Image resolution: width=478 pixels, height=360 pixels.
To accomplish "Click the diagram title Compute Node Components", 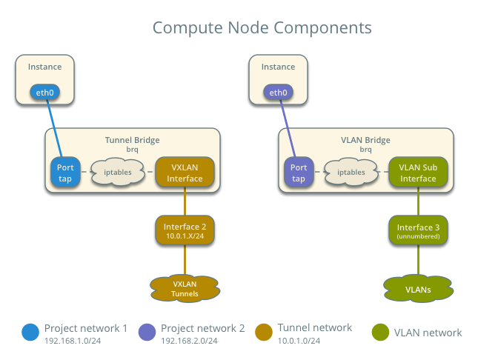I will pyautogui.click(x=262, y=28).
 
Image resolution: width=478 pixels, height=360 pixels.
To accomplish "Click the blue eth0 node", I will pyautogui.click(x=44, y=93).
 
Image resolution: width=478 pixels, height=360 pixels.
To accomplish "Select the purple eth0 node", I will pyautogui.click(x=278, y=93).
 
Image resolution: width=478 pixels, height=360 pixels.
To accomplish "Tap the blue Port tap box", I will pyautogui.click(x=64, y=173).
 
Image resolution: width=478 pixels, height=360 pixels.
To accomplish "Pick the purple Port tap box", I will pyautogui.click(x=298, y=173).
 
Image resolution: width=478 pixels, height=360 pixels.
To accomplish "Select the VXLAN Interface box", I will pyautogui.click(x=185, y=173).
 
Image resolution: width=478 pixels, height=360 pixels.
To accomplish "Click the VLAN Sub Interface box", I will pyautogui.click(x=418, y=173).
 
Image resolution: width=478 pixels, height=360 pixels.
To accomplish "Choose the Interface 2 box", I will pyautogui.click(x=185, y=230).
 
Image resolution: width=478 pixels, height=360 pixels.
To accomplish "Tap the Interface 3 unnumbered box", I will pyautogui.click(x=418, y=230).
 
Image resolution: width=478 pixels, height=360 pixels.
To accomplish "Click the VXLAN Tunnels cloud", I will pyautogui.click(x=185, y=288).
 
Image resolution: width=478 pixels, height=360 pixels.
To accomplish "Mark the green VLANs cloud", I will pyautogui.click(x=418, y=287).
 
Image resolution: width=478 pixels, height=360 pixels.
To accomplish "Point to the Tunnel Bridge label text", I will pyautogui.click(x=132, y=139).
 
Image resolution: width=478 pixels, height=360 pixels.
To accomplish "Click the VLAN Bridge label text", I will pyautogui.click(x=365, y=139).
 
